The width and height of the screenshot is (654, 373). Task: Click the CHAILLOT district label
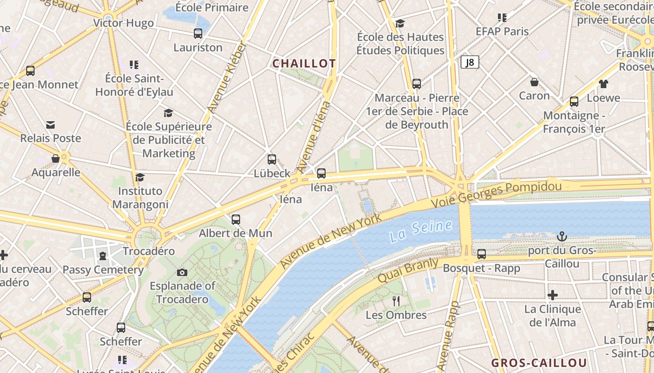click(304, 63)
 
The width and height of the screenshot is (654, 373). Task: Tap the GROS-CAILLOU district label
click(539, 363)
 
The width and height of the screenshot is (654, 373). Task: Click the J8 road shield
click(470, 62)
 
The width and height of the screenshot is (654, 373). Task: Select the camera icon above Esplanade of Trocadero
click(182, 272)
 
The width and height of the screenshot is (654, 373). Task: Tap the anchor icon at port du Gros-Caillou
click(562, 237)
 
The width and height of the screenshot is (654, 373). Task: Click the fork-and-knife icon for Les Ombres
click(396, 301)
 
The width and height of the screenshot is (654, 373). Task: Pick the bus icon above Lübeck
click(271, 159)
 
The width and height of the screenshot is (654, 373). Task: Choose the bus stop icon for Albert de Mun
click(236, 219)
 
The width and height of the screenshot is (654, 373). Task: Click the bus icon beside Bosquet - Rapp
click(481, 254)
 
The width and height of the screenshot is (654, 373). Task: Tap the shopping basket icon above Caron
click(534, 82)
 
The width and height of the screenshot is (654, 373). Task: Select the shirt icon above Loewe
click(603, 84)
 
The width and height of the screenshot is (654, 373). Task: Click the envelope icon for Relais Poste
click(50, 124)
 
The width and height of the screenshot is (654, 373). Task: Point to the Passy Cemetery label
click(103, 269)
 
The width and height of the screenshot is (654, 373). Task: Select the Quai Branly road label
click(408, 270)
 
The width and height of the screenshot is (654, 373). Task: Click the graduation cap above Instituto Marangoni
click(140, 177)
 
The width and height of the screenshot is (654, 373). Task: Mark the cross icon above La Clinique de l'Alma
click(553, 295)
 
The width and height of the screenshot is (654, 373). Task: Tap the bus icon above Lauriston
click(198, 34)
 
